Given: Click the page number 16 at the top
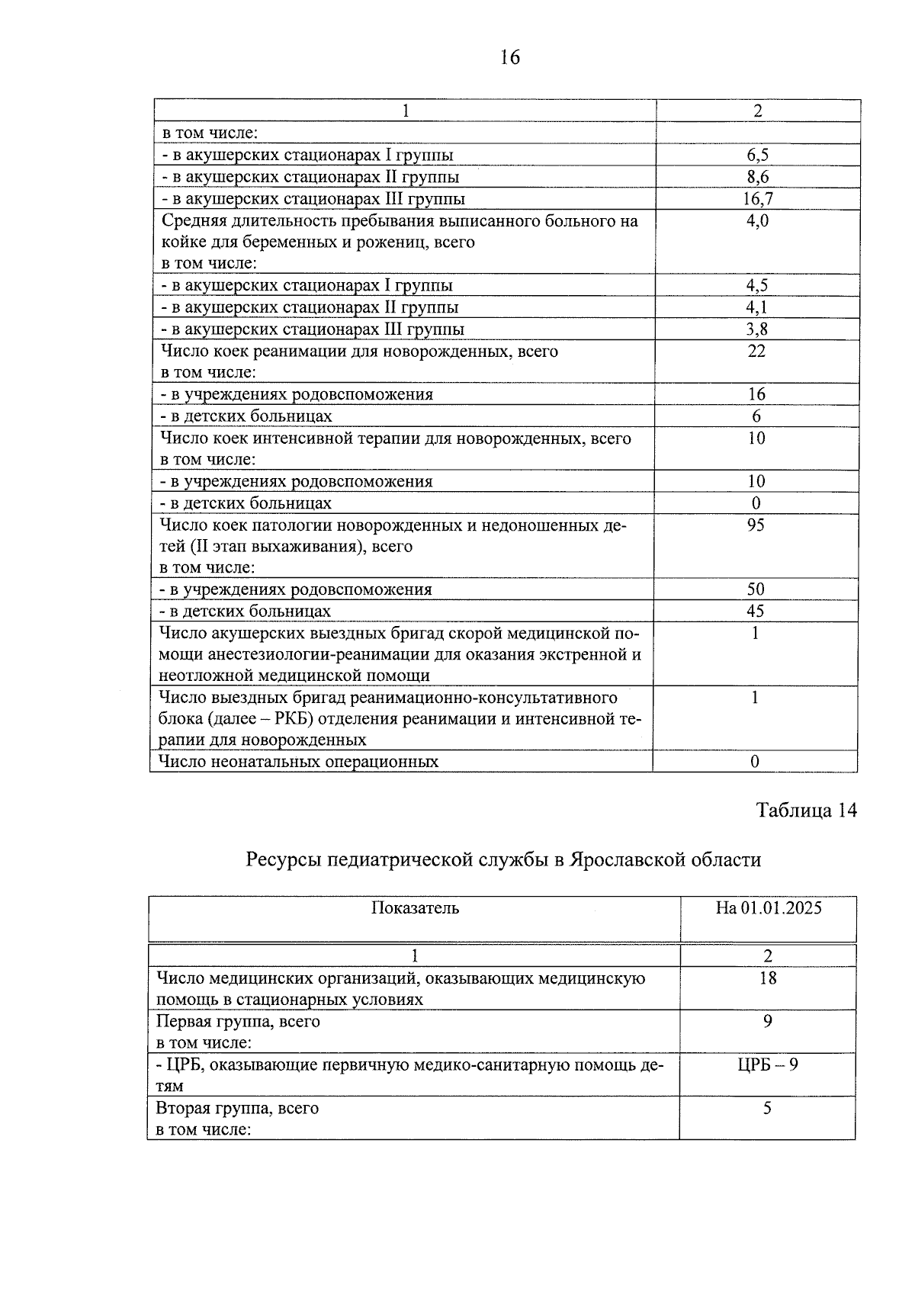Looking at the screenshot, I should tap(509, 57).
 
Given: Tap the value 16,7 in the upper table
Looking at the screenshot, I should tap(757, 199).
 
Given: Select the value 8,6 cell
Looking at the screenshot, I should tap(757, 177).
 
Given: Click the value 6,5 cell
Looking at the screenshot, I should tap(757, 155).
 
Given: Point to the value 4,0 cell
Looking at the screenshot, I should tap(757, 221).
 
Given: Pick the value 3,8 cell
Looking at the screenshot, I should tap(756, 329).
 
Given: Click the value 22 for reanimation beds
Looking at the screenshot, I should tap(756, 351).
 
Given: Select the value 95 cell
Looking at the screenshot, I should tap(756, 525).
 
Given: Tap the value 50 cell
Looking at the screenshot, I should tap(756, 589).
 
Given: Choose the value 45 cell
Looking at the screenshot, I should tap(756, 611).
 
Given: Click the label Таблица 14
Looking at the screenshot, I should tap(806, 810).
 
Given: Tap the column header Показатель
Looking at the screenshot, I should tap(415, 907).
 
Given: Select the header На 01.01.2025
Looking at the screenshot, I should tap(768, 907).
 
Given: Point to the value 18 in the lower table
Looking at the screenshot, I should tap(768, 978).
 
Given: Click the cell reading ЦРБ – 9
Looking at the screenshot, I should tap(768, 1064).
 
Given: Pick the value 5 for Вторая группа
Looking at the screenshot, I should tap(767, 1108).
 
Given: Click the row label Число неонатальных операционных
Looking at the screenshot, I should tap(298, 761).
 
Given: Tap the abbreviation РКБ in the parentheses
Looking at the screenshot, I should tap(284, 718).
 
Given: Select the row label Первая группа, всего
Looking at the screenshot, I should tap(238, 1021).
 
